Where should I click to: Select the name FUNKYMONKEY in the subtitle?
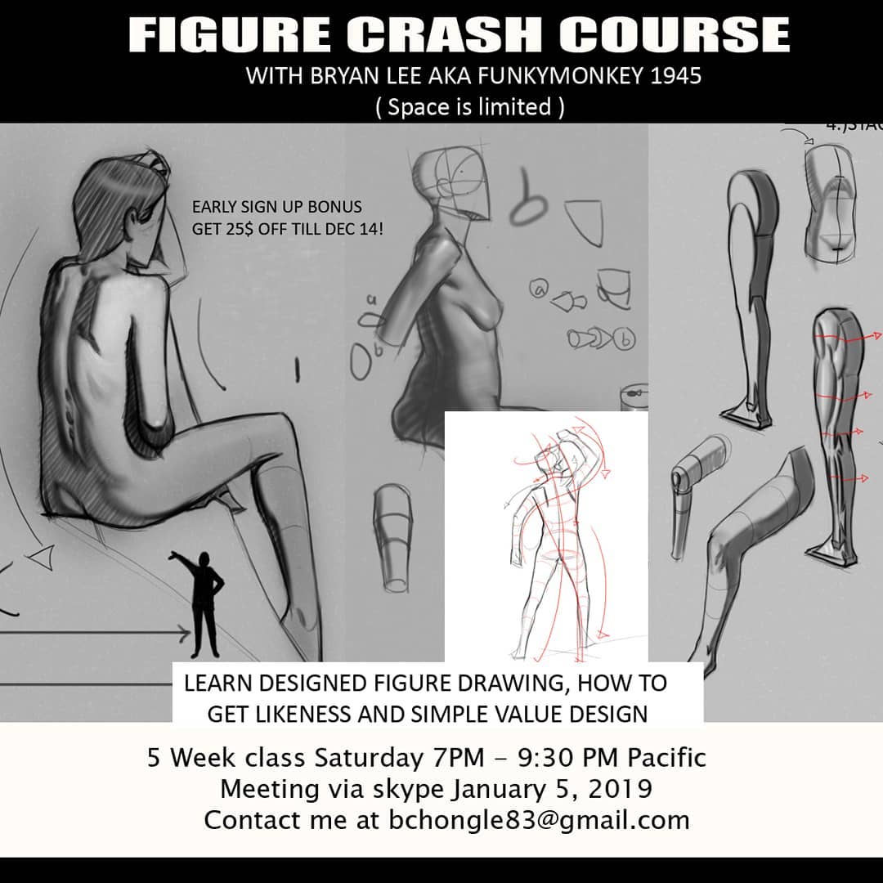560,75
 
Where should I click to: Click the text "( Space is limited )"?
469,107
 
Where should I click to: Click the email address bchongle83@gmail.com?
539,820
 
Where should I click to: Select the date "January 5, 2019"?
552,789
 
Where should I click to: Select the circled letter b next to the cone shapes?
623,339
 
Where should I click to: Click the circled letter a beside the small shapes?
539,289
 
